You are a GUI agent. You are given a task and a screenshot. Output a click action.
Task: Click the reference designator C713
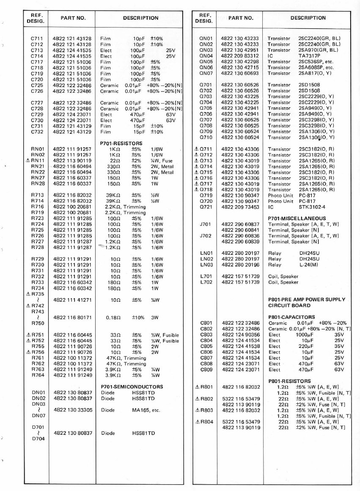tap(37, 50)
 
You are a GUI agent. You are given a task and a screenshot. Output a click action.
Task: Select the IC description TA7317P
tap(310, 55)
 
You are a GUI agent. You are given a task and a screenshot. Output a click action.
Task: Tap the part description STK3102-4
tap(312, 207)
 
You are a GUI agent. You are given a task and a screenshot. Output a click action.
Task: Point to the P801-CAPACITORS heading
tap(292, 317)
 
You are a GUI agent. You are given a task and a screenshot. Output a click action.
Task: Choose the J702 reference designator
tap(206, 236)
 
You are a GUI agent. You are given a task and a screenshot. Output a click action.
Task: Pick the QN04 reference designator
tap(206, 55)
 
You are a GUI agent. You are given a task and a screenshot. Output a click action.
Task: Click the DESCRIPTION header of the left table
tap(140, 18)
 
